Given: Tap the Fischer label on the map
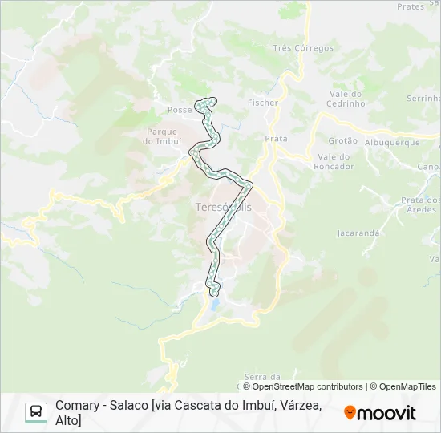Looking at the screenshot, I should (x=263, y=103).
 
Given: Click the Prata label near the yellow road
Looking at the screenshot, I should (x=276, y=139).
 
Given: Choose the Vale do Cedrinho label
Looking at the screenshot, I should (x=346, y=99).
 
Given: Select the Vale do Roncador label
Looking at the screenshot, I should (x=335, y=161).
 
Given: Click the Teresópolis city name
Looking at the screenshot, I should (x=223, y=207).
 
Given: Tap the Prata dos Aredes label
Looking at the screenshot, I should (x=421, y=204).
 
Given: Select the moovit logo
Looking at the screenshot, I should (x=380, y=413).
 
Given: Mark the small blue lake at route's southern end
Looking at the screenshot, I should (x=215, y=306).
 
